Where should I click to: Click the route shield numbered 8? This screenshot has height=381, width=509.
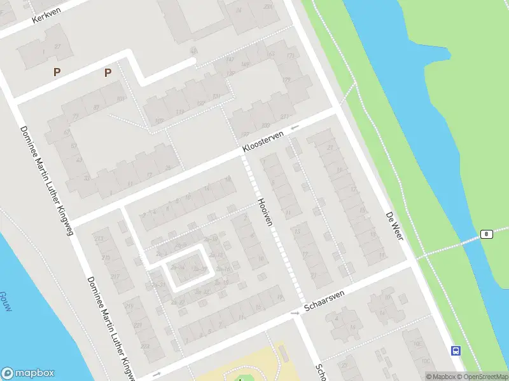486,234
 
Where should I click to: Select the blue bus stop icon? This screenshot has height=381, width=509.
456,350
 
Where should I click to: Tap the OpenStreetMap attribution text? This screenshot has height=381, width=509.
481,377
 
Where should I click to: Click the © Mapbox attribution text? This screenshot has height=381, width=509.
440,377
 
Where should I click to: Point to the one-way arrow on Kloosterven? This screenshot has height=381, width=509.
295,128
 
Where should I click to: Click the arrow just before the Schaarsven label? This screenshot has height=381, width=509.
295,313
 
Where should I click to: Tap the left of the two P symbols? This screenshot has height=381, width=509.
57,72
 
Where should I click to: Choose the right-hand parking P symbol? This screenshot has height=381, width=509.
108,72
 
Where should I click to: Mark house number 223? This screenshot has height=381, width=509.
145,345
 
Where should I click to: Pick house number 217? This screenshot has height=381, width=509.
115,277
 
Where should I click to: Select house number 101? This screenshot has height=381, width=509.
158,120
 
